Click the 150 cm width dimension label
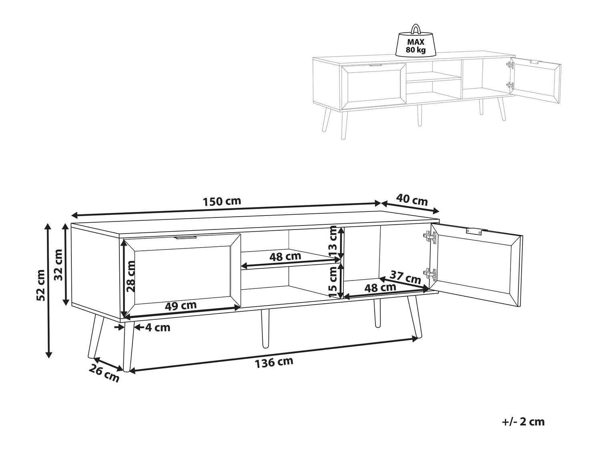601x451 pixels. pos(222,201)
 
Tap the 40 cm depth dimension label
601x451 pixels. pos(411,200)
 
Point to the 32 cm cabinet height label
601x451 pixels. pos(58,265)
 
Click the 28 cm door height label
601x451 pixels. pos(131,276)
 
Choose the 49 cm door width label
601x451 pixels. pos(181,305)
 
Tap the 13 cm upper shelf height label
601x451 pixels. pos(333,241)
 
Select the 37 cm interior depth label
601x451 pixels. pos(405,277)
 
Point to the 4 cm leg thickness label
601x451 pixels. pos(157,327)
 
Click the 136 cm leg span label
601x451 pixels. pos(274,362)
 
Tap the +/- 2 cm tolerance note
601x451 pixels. pos(523,422)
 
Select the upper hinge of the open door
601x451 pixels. pos(430,237)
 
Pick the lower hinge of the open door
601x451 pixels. pos(430,274)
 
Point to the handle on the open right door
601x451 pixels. pos(474,232)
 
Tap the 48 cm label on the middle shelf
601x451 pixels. pos(285,257)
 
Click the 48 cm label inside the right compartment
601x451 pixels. pos(380,288)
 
